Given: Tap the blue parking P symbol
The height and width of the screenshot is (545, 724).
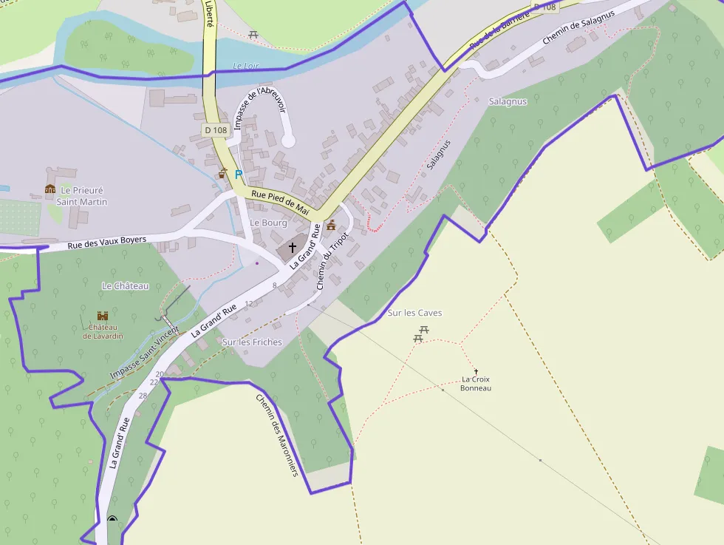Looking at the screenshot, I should [x=238, y=175].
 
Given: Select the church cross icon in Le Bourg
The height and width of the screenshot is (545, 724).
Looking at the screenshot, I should [x=293, y=247].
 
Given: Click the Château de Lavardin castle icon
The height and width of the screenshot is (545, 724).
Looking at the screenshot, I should [x=103, y=316].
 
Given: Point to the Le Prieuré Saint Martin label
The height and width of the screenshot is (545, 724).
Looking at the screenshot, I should [x=82, y=196].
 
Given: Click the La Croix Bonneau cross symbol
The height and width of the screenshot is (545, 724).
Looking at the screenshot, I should [x=476, y=371].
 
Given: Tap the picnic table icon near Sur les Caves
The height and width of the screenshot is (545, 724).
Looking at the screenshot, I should [x=418, y=336].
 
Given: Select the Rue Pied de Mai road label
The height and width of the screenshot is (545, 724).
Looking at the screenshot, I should [x=279, y=202].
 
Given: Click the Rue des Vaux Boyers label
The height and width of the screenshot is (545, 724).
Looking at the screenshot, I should [x=107, y=241].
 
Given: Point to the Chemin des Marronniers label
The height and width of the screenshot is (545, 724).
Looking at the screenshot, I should [x=276, y=434].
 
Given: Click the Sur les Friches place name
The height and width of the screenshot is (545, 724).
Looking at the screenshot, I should [x=252, y=342].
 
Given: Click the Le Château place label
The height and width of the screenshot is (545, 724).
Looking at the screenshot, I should [x=125, y=285].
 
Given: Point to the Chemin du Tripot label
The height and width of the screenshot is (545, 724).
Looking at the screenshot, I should [x=332, y=260].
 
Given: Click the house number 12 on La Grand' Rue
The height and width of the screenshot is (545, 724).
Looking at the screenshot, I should [x=248, y=303].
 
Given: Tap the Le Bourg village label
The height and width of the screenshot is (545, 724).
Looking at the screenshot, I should [x=268, y=223].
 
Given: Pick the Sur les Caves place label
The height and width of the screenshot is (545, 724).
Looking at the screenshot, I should [x=414, y=313].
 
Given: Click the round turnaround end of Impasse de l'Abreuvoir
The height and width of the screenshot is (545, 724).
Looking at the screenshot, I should [x=288, y=141].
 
